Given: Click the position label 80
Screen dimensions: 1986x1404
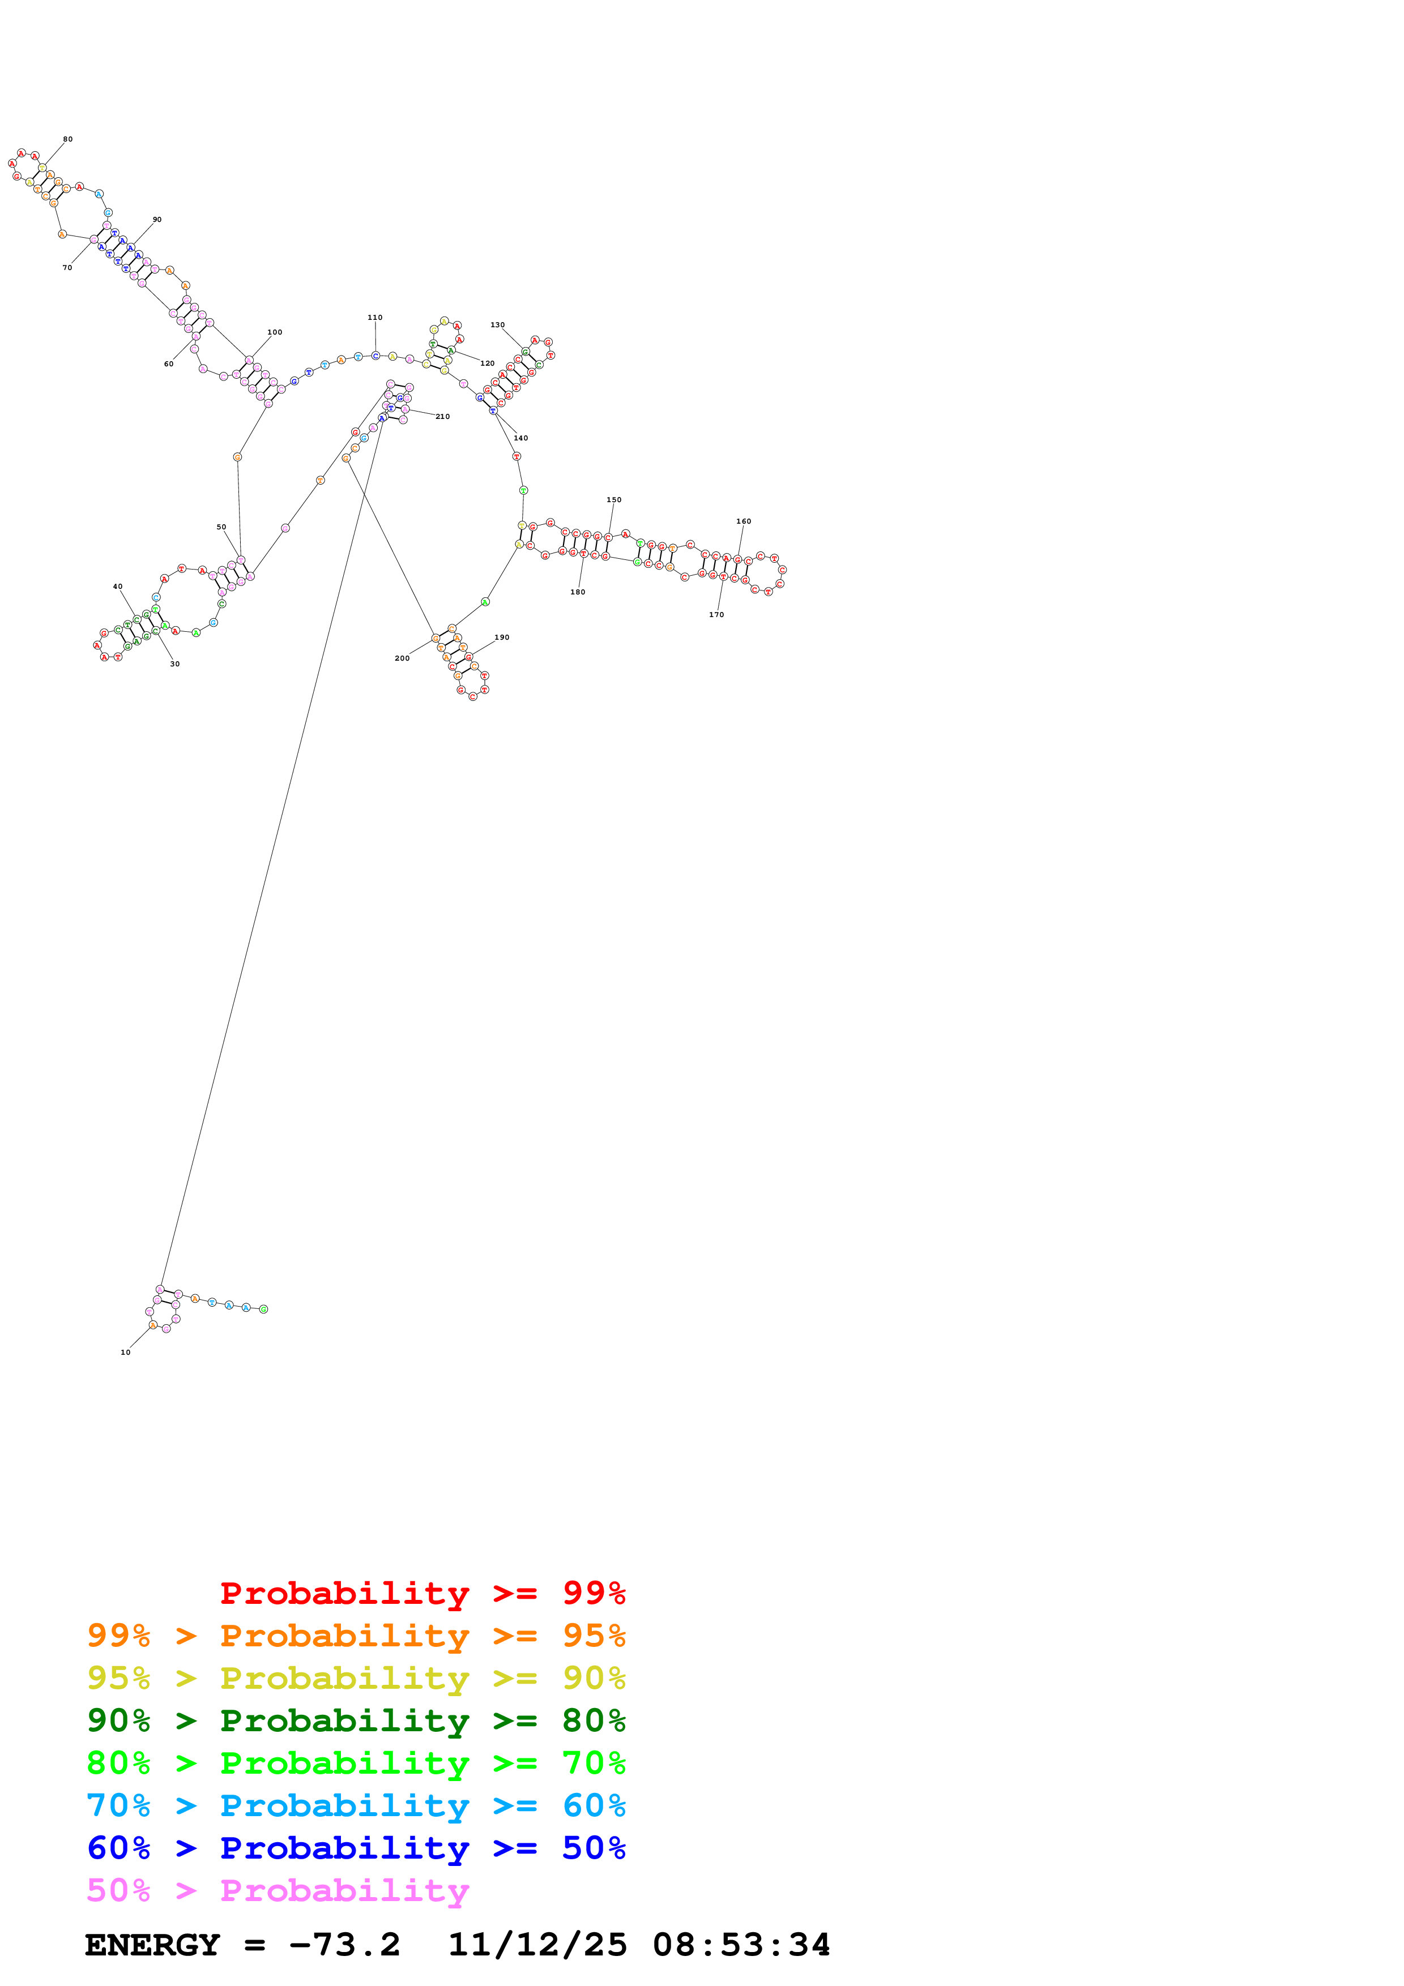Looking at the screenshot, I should [x=67, y=139].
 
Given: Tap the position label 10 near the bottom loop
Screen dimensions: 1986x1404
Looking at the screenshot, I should [x=125, y=1352].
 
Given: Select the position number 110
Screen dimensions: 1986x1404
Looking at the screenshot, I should [x=374, y=318].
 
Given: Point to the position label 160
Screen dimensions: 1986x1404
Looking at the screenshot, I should [x=743, y=521].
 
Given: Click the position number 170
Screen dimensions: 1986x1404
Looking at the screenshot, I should [x=716, y=615].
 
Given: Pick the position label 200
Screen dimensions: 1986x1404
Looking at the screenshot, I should [x=402, y=658].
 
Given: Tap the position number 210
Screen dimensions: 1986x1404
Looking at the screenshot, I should [x=442, y=417].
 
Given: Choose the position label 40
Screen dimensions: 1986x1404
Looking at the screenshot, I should [x=118, y=587].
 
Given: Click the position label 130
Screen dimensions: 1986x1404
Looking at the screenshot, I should [x=497, y=325].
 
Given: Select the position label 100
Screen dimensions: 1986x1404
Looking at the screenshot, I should [x=274, y=332].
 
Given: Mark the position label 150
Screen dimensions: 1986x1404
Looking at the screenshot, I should [x=613, y=500].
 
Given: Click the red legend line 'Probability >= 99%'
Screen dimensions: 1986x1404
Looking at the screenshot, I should [x=422, y=1593].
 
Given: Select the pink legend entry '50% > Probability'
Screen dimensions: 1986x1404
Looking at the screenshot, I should [x=278, y=1890].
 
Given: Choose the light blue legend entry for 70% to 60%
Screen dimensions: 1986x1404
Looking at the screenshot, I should [x=356, y=1805].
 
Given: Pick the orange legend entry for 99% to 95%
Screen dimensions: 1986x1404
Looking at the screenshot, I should [x=356, y=1635].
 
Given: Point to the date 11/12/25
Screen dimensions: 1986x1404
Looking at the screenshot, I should [x=536, y=1945].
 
